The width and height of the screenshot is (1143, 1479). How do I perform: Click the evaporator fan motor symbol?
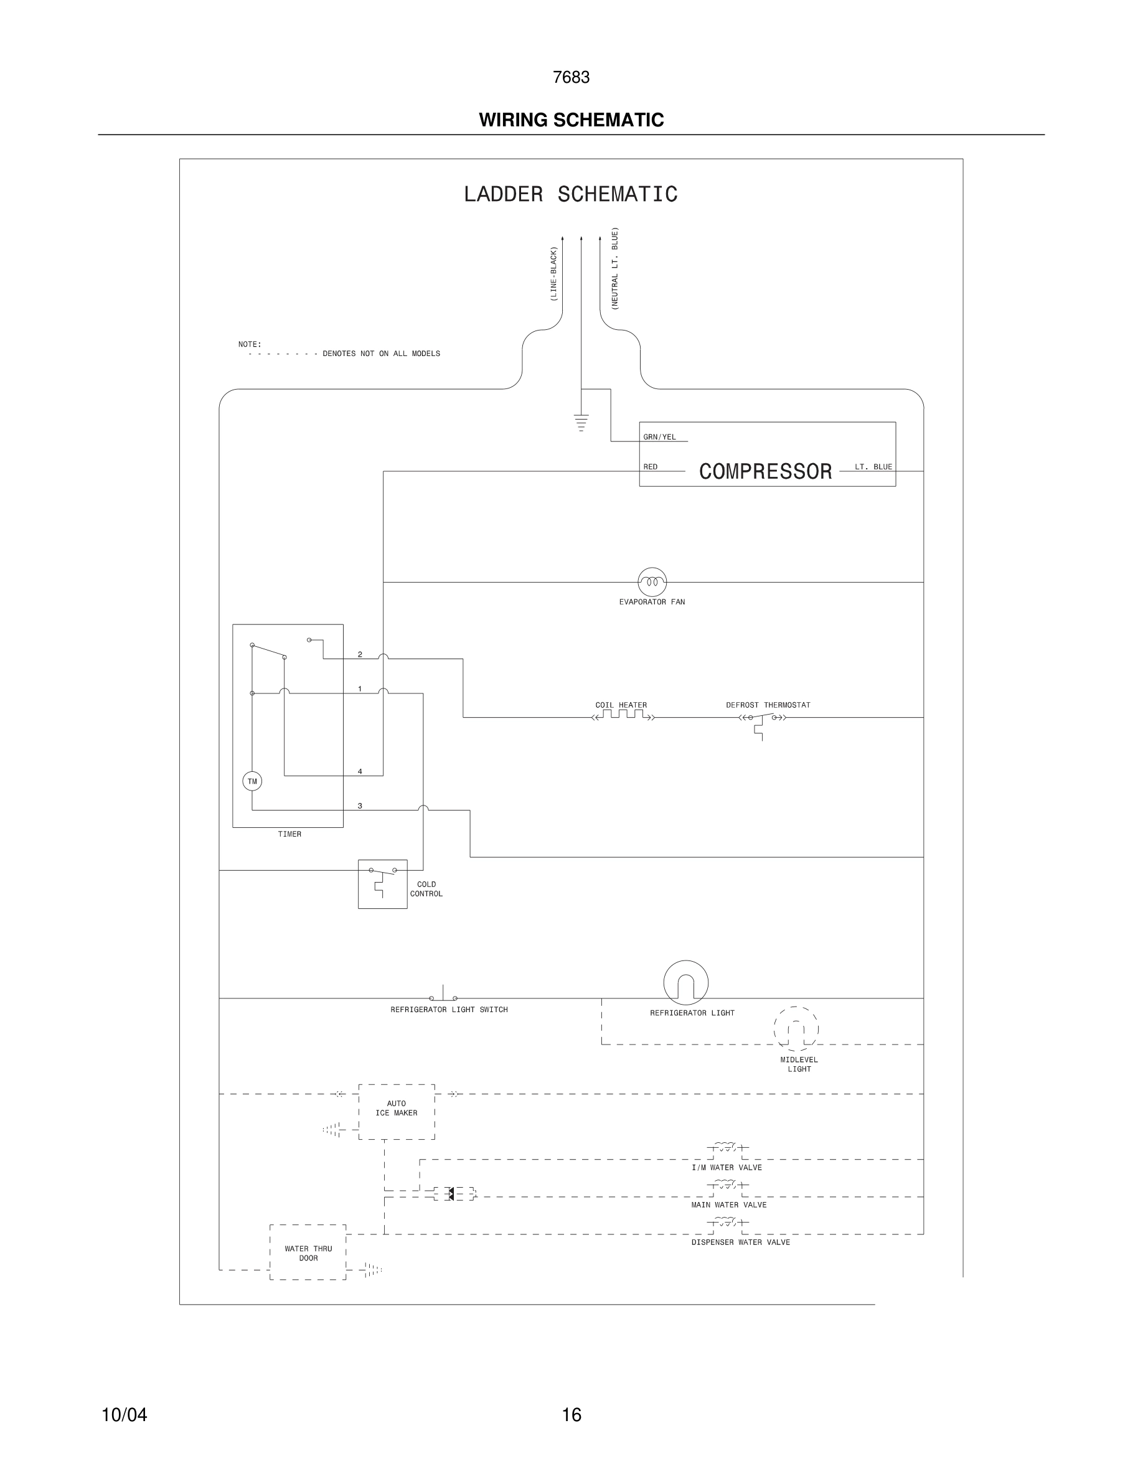coord(651,582)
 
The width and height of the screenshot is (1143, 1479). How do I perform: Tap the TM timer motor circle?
coord(252,781)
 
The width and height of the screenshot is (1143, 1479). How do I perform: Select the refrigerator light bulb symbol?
coord(685,983)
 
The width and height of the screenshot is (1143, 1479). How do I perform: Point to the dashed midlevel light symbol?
coord(796,1030)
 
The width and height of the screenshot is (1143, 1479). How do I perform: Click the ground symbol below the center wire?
coord(581,423)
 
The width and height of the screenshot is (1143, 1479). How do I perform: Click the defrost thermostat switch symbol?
coord(762,719)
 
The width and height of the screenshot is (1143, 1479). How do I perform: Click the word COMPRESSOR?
coord(765,471)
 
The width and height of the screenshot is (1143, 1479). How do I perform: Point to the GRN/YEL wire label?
coord(659,437)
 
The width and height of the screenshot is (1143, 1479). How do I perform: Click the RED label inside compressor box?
coord(650,467)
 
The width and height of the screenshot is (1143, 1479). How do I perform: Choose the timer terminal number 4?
coord(360,771)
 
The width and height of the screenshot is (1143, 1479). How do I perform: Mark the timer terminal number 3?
coord(360,806)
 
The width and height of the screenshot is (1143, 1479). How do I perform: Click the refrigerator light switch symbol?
coord(443,995)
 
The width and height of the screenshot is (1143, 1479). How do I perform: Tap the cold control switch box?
coord(383,884)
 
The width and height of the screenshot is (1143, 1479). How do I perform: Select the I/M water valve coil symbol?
coord(727,1147)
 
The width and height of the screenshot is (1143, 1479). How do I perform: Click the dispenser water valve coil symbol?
coord(727,1222)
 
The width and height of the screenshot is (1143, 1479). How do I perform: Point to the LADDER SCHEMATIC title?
coord(570,194)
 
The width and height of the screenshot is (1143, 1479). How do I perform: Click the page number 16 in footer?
coord(571,1415)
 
